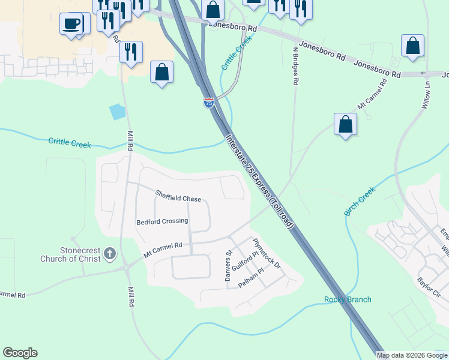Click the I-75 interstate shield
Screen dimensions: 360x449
pyautogui.click(x=208, y=103)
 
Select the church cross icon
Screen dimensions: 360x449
pyautogui.click(x=109, y=254)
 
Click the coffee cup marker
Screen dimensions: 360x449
pyautogui.click(x=71, y=25)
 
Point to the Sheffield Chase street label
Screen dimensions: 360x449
pyautogui.click(x=178, y=196)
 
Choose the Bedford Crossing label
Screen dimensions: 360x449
pyautogui.click(x=162, y=221)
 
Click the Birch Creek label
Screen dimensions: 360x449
pyautogui.click(x=360, y=201)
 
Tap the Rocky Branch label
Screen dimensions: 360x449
pyautogui.click(x=348, y=299)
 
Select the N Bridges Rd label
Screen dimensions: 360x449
pyautogui.click(x=295, y=66)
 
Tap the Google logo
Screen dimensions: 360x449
pyautogui.click(x=20, y=353)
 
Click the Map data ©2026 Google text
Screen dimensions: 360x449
pyautogui.click(x=412, y=355)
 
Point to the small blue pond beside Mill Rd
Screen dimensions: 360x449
pyautogui.click(x=118, y=111)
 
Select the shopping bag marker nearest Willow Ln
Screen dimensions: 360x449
pyautogui.click(x=412, y=46)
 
